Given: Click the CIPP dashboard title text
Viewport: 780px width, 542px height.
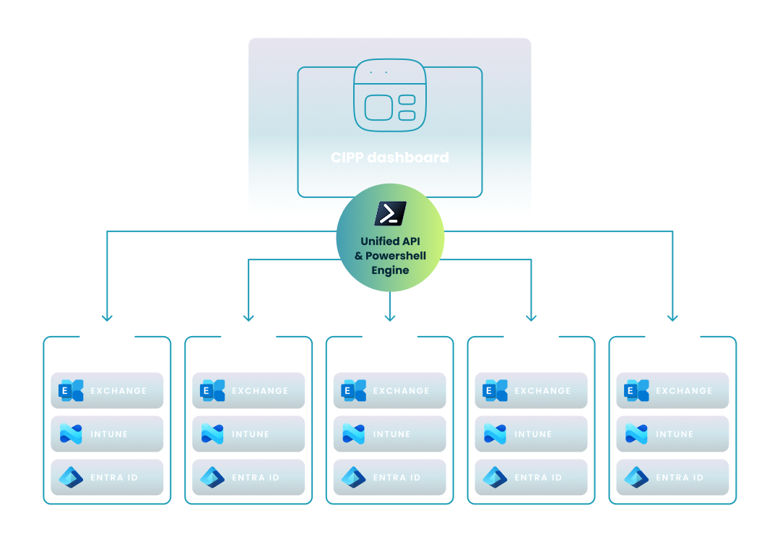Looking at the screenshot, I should click(389, 157).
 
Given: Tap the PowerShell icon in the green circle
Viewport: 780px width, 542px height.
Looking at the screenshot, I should click(390, 214).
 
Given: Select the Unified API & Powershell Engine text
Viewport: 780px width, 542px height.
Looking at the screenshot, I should click(390, 256).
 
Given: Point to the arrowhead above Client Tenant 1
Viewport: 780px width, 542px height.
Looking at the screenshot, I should click(107, 317).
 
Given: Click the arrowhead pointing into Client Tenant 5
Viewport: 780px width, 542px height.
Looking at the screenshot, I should click(672, 317).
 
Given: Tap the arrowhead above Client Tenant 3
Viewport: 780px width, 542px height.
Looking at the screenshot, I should click(390, 317).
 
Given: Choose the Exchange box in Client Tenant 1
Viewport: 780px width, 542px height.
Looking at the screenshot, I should click(107, 390).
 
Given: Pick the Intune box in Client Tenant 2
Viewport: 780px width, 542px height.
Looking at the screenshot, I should click(248, 434).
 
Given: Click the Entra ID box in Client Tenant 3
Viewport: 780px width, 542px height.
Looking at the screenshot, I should click(390, 477).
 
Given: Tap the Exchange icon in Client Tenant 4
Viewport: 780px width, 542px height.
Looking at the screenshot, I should click(495, 390).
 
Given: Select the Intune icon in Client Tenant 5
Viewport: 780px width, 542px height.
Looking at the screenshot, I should click(636, 434).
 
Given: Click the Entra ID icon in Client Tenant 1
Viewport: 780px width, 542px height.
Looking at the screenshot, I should click(71, 477).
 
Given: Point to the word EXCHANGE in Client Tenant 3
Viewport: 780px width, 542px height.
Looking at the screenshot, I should click(401, 390).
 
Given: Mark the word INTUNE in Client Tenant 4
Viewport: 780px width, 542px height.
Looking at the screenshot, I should click(533, 434).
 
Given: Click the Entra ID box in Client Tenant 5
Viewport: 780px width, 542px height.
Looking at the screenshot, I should click(672, 477).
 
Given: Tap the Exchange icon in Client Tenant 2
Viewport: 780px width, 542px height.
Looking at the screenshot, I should click(212, 390).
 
